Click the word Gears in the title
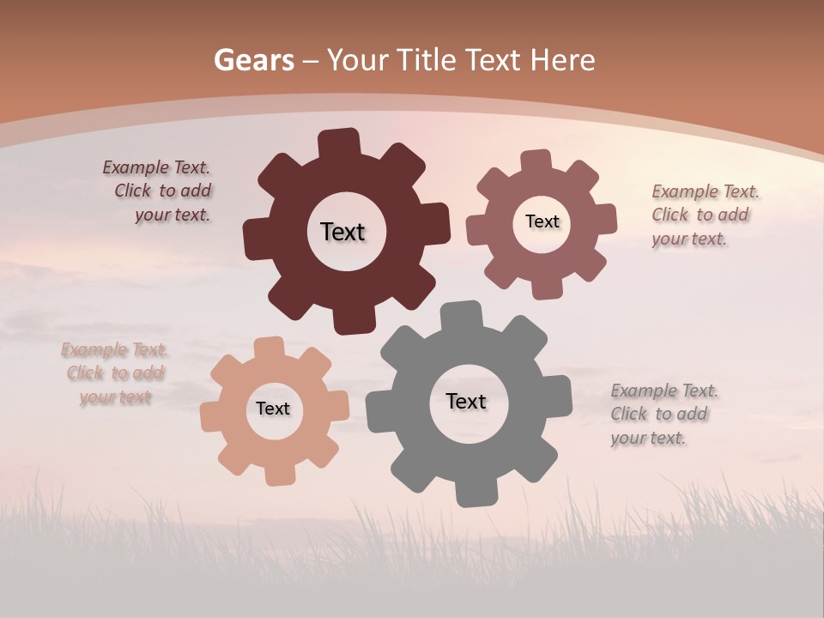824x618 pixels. (253, 60)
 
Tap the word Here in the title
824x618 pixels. (562, 60)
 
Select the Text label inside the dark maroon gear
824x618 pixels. (342, 232)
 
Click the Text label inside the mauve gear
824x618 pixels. (542, 221)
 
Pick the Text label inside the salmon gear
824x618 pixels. (273, 409)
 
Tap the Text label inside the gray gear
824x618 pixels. (466, 402)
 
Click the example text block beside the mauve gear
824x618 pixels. (705, 215)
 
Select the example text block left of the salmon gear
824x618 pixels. (114, 373)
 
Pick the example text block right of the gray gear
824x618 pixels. (663, 414)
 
